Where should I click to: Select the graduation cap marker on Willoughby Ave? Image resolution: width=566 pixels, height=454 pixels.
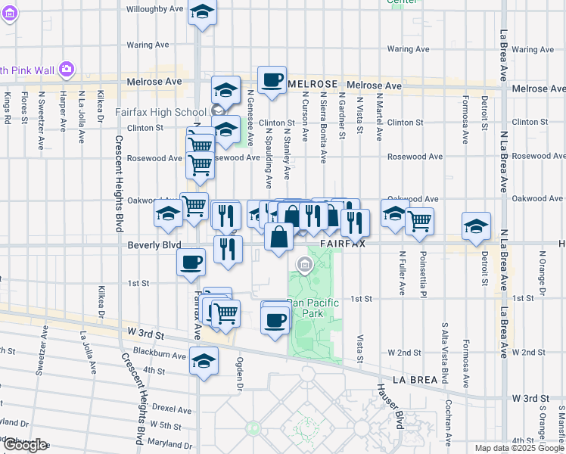pos(202,12)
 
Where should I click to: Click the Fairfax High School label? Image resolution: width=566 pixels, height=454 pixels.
pos(160,112)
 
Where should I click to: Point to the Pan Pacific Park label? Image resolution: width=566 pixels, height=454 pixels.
pos(313,308)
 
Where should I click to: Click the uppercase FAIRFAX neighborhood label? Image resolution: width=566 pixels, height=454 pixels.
pos(343,245)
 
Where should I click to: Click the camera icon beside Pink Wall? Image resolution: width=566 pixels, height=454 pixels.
pos(67,70)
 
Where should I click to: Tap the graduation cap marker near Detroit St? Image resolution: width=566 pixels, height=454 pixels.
pos(476,225)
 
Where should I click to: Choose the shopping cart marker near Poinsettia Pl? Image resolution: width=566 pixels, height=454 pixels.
pos(419,221)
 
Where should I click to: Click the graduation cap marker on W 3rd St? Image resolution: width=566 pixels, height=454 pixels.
pos(203,360)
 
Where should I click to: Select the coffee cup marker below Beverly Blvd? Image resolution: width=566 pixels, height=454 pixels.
pos(191,263)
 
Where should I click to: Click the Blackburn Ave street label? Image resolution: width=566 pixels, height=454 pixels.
pos(159,354)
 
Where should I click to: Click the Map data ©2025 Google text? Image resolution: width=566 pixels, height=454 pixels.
pos(518,448)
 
